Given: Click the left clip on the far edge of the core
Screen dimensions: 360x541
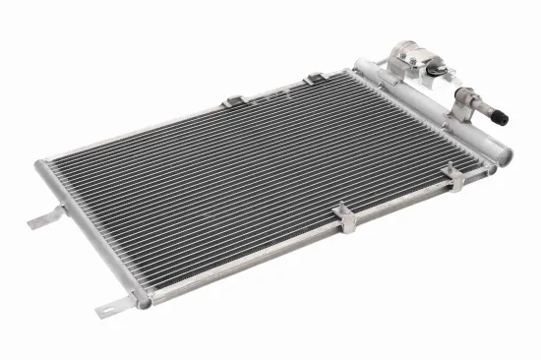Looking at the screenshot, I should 233,101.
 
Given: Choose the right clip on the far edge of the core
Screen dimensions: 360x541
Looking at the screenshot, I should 314,79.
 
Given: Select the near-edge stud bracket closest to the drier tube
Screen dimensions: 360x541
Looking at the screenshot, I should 453,177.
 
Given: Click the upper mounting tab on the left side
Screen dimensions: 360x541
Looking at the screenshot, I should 46,218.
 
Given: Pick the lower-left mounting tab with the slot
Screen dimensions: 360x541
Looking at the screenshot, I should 112,308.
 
